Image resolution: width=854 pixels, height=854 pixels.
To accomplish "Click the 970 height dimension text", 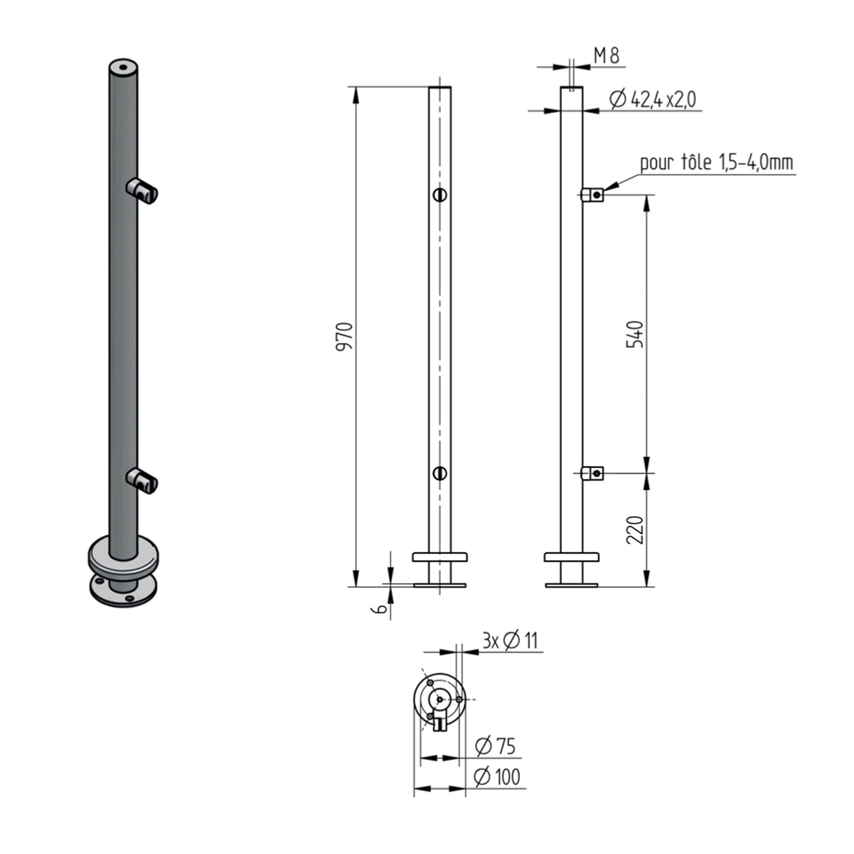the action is [345, 337].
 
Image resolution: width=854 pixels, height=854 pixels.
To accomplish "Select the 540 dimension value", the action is [635, 334].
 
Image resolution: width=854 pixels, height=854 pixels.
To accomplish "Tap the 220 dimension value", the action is [635, 530].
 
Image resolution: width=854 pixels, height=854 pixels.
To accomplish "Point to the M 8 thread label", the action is [606, 56].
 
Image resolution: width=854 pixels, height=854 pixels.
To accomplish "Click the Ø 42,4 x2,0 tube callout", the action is [652, 99].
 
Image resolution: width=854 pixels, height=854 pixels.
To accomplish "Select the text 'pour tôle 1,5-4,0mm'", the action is [717, 163].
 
